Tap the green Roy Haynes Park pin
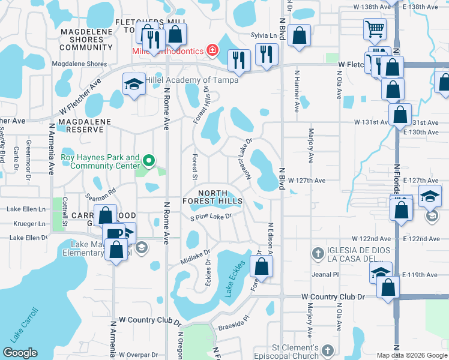click(x=149, y=160)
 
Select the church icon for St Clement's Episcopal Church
click(x=327, y=350)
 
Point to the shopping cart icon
click(x=375, y=29)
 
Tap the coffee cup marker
click(x=112, y=234)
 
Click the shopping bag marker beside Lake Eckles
click(x=262, y=266)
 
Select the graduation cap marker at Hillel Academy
click(x=134, y=83)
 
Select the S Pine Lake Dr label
click(x=211, y=217)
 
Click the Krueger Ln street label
click(x=25, y=224)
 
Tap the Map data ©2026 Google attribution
click(x=412, y=355)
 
